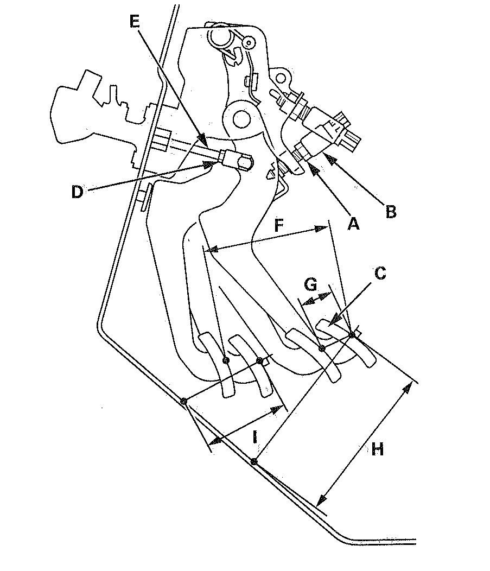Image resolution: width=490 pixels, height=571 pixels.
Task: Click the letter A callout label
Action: [x=353, y=224]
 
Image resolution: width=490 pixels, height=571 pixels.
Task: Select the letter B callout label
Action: [x=391, y=212]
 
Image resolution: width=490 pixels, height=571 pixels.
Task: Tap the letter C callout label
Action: [x=380, y=273]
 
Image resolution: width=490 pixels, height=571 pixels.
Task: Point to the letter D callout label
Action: [x=77, y=192]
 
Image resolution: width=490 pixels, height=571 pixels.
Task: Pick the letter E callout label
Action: [x=135, y=22]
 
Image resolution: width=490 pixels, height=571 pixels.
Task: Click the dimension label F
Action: [x=278, y=225]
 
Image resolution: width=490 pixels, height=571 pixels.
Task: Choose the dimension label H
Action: [x=378, y=450]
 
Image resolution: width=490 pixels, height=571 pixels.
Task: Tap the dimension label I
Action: [x=255, y=436]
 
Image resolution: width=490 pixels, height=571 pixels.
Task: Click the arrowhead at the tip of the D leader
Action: [x=209, y=165]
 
